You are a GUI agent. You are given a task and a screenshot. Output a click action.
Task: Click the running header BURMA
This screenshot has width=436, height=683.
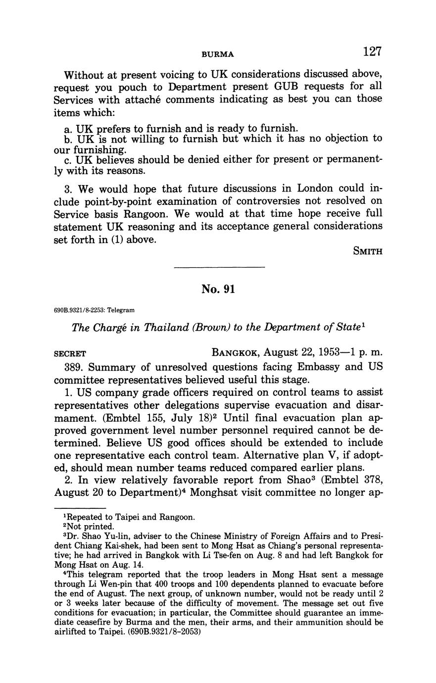pyautogui.click(x=218, y=53)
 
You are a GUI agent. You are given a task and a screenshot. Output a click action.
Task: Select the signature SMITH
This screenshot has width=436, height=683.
pyautogui.click(x=368, y=251)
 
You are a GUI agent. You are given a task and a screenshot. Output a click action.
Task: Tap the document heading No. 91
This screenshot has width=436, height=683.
pyautogui.click(x=218, y=289)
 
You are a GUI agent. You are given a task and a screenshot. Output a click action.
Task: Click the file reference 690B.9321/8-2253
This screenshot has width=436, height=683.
pyautogui.click(x=78, y=310)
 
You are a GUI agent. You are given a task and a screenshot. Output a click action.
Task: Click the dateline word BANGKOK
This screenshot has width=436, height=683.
pyautogui.click(x=235, y=353)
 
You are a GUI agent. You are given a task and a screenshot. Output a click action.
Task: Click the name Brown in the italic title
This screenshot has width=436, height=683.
pyautogui.click(x=200, y=328)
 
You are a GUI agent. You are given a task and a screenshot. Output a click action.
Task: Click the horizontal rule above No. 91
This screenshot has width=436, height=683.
pyautogui.click(x=220, y=268)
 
